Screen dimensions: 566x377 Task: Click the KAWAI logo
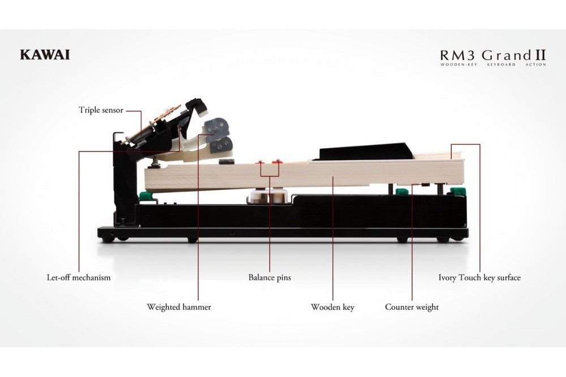[45, 55]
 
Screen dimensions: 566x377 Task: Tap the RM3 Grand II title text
[493, 55]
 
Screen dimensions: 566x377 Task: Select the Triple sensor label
[101, 110]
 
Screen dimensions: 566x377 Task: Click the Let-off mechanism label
[79, 278]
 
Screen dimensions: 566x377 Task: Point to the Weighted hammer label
[179, 307]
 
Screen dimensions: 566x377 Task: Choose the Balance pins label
[269, 278]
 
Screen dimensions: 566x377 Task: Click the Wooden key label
[332, 307]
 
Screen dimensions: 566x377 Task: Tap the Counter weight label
[412, 307]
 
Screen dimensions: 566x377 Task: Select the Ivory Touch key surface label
[479, 278]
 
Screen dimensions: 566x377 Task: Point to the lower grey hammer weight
[221, 145]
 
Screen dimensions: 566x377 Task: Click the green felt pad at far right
[457, 192]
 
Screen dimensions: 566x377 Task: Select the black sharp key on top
[365, 151]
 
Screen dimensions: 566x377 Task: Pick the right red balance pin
[277, 162]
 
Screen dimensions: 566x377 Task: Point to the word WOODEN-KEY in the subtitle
[458, 64]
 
